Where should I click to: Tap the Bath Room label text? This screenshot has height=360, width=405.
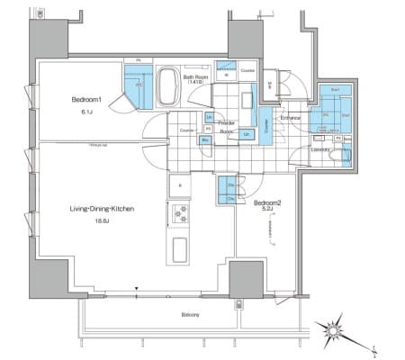tap(197, 77)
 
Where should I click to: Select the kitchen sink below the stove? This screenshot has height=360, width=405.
tap(177, 248)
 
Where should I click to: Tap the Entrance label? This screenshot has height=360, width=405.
tap(290, 118)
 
